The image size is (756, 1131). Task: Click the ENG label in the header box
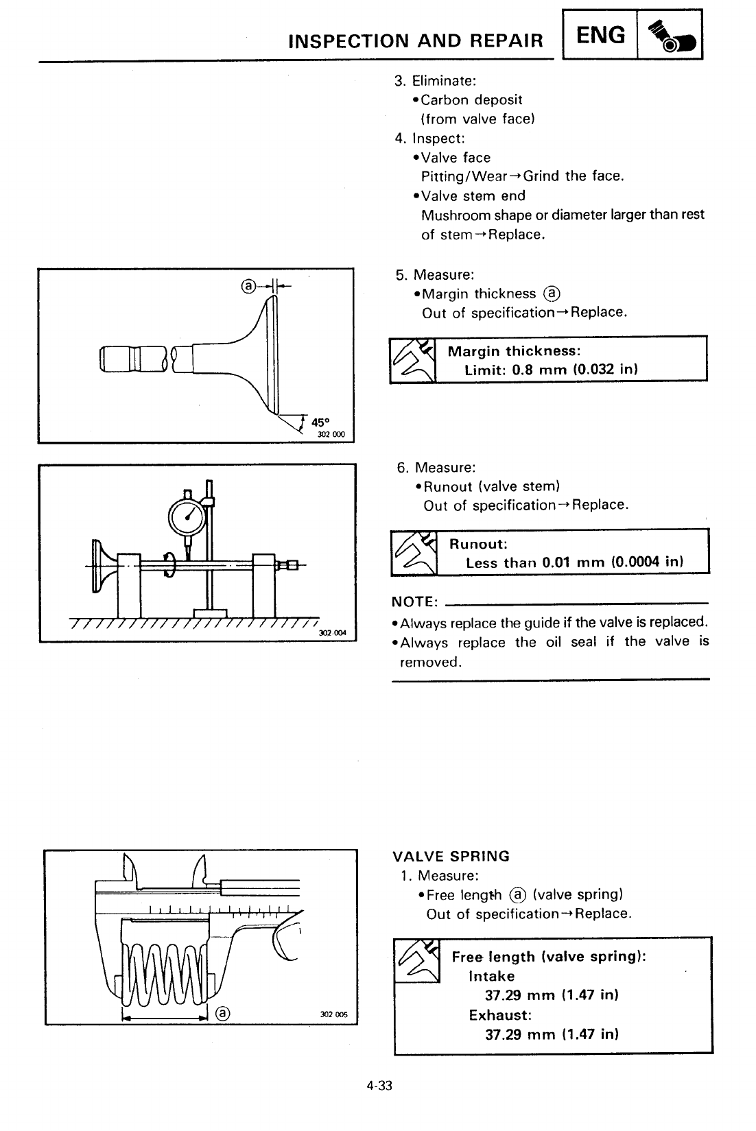(x=601, y=35)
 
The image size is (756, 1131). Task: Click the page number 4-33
(x=378, y=1086)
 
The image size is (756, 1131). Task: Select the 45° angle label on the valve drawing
(x=321, y=422)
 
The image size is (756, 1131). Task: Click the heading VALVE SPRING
(x=451, y=856)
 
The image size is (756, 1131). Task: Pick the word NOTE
(x=414, y=602)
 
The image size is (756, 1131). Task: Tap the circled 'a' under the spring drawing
(x=223, y=1013)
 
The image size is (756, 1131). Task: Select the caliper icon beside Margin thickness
(x=413, y=359)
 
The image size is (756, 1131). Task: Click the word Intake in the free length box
(x=491, y=976)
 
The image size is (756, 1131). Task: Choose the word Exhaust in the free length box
(x=500, y=1014)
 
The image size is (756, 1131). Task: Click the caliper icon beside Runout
(x=414, y=553)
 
